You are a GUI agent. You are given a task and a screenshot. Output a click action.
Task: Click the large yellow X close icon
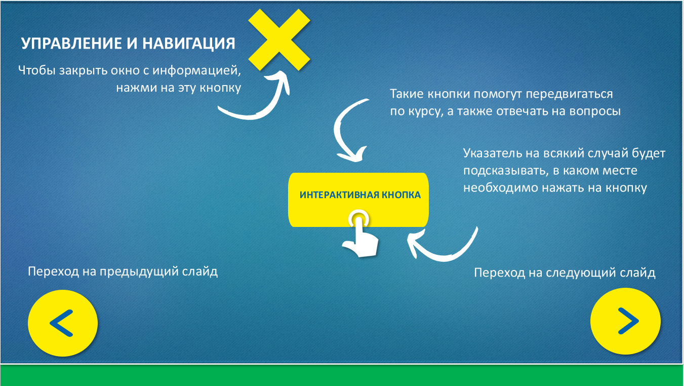tap(279, 40)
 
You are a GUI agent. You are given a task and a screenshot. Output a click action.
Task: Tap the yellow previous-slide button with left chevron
tap(63, 323)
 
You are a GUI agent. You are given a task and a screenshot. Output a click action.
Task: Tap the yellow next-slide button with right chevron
tap(625, 321)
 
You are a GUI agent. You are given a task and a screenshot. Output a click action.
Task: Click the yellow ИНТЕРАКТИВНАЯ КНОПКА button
tap(358, 200)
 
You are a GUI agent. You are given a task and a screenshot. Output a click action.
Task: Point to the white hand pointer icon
tap(360, 234)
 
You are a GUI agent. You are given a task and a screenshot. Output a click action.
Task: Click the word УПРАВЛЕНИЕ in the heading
tap(71, 44)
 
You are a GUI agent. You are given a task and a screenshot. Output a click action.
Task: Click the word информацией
tap(196, 70)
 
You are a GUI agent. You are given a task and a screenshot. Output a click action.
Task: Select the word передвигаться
tap(569, 94)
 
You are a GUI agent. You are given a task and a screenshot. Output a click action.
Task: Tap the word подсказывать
tap(507, 171)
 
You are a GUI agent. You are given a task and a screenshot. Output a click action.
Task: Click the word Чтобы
tap(37, 70)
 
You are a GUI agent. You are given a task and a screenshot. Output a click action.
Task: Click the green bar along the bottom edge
tap(342, 375)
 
